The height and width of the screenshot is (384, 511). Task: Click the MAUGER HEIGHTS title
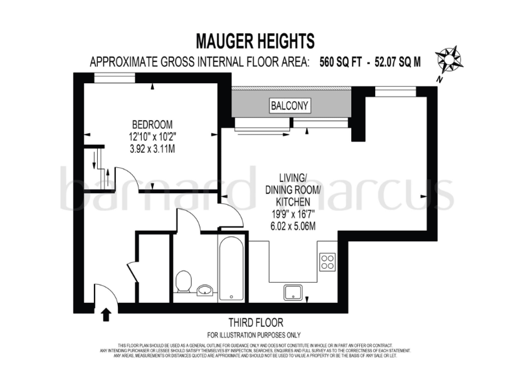pyautogui.click(x=255, y=41)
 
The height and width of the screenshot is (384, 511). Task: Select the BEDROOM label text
pyautogui.click(x=152, y=125)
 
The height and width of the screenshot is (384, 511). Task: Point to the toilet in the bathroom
pyautogui.click(x=184, y=282)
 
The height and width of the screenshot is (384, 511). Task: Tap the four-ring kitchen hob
pyautogui.click(x=327, y=261)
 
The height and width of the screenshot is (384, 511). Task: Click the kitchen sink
pyautogui.click(x=293, y=291)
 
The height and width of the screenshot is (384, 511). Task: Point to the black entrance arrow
pyautogui.click(x=105, y=314)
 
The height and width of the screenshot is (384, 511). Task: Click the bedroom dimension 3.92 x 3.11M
pyautogui.click(x=152, y=149)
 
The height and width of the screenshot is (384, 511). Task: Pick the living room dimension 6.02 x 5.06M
pyautogui.click(x=292, y=226)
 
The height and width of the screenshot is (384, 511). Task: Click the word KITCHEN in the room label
pyautogui.click(x=293, y=201)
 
